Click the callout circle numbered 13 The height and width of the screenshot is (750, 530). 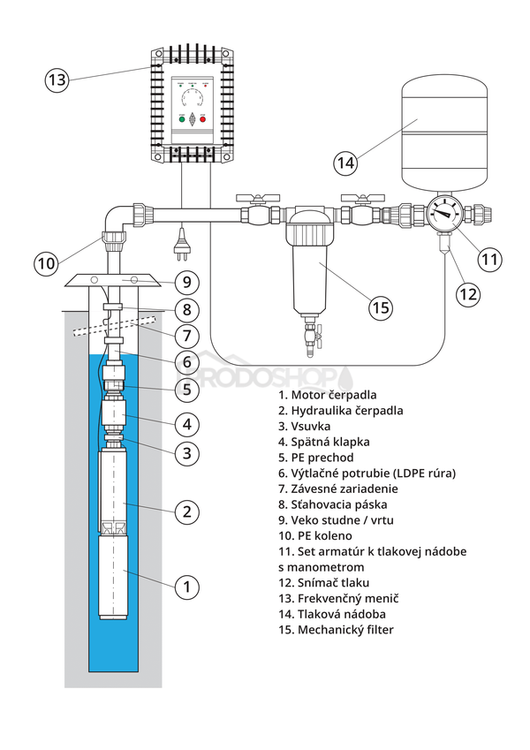click(x=57, y=80)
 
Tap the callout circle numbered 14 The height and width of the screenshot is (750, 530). click(x=346, y=163)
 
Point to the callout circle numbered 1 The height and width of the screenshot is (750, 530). click(x=186, y=585)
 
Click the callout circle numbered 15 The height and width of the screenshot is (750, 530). click(x=380, y=308)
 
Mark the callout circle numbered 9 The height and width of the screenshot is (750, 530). click(x=186, y=283)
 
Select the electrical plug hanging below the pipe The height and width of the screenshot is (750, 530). click(x=180, y=240)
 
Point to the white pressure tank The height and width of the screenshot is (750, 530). click(x=444, y=133)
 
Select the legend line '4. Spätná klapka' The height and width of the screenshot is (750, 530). click(x=323, y=441)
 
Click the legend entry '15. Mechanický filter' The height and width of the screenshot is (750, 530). click(x=336, y=629)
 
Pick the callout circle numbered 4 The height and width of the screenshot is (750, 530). click(x=186, y=424)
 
